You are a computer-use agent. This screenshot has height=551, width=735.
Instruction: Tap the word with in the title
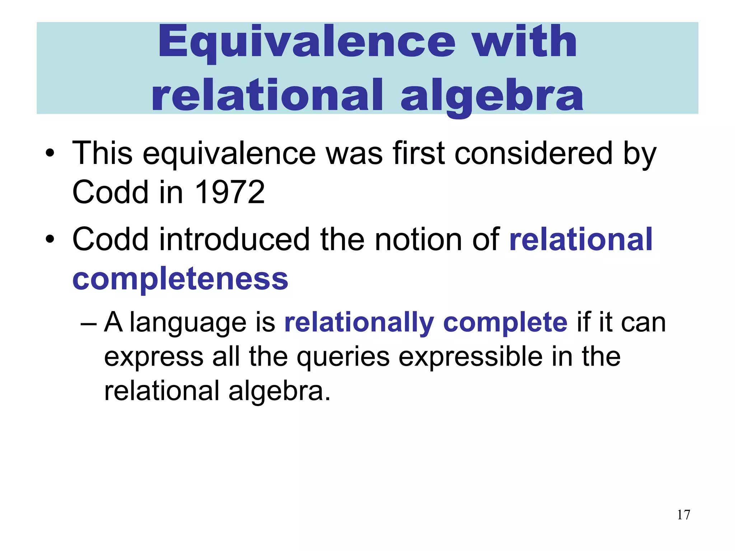pos(524,42)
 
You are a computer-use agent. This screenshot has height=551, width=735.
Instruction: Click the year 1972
pos(230,192)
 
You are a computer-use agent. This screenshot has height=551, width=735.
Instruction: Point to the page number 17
pos(683,515)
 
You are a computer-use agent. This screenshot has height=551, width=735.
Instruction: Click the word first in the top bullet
pos(419,153)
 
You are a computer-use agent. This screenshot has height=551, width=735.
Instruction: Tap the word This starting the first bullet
pos(102,153)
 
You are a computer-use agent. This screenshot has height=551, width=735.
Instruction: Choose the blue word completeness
pos(180,279)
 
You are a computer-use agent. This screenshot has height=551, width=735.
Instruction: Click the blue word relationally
pos(359,322)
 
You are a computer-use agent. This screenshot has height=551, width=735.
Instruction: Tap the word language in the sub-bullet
pos(188,323)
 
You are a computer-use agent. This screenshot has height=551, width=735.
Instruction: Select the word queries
pos(343,357)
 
